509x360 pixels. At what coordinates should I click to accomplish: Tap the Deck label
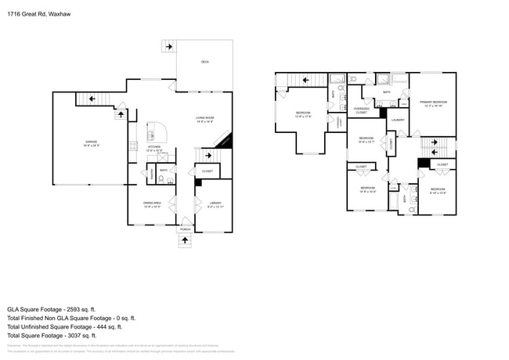[x=204, y=62]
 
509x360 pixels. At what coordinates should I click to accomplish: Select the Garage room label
[x=92, y=143]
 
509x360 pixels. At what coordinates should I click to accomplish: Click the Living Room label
[x=205, y=119]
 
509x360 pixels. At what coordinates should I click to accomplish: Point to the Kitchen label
[x=155, y=147]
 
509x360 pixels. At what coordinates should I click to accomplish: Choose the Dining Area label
[x=152, y=205]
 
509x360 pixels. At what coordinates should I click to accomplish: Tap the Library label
[x=215, y=205]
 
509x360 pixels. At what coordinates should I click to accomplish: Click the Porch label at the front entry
[x=186, y=229]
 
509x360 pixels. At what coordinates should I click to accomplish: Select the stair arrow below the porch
[x=186, y=241]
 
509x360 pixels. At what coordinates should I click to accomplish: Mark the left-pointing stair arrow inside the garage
[x=92, y=99]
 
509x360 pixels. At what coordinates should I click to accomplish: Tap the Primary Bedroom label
[x=433, y=103]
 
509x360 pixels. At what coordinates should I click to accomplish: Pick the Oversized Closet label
[x=361, y=110]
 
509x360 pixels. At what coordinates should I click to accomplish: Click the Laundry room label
[x=398, y=120]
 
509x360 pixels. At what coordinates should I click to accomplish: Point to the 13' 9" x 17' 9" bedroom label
[x=303, y=115]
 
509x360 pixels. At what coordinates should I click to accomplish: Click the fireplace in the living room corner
[x=225, y=140]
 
